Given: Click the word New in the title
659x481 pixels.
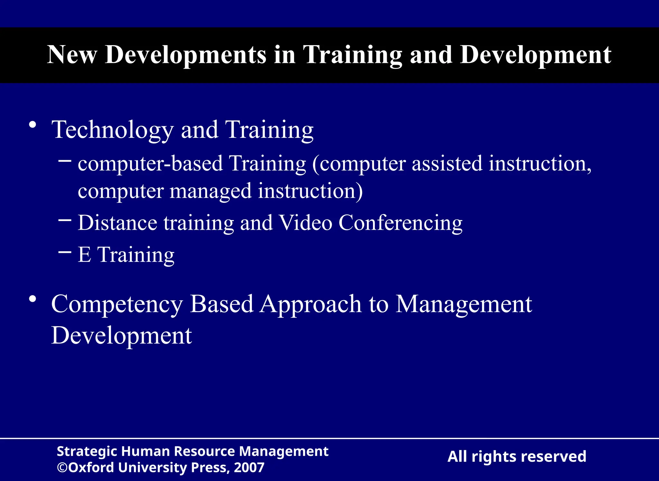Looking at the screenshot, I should (x=72, y=55).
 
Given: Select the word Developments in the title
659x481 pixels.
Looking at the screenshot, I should (x=186, y=55).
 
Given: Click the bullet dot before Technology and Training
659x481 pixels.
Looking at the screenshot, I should (x=32, y=125).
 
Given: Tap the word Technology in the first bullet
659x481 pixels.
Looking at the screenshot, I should (x=112, y=130).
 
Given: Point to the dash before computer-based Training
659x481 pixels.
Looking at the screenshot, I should (x=65, y=159).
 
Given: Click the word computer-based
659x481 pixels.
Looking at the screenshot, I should (x=150, y=164).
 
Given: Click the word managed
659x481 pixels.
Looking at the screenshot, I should (x=210, y=191).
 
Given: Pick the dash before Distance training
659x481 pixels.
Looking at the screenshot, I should (x=65, y=220).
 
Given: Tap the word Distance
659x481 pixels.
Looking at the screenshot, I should (x=117, y=223).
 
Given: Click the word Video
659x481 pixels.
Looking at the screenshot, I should (x=305, y=223).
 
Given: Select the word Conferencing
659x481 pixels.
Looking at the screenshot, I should (x=400, y=223).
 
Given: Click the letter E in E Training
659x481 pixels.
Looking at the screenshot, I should (x=84, y=255).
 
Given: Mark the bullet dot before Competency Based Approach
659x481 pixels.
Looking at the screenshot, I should (x=32, y=299).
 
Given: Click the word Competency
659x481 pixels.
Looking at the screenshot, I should (x=117, y=304).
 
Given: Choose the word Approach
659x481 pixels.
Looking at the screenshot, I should (x=311, y=304).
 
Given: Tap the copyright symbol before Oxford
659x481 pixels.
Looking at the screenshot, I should (x=62, y=467).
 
